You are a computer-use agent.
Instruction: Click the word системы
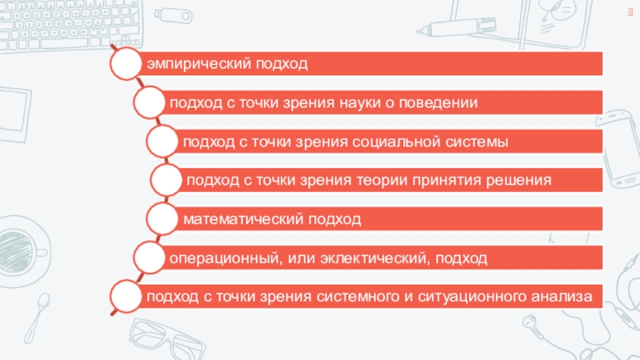click(478, 142)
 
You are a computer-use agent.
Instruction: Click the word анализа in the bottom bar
click(566, 297)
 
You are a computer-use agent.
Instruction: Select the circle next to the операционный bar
click(150, 258)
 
